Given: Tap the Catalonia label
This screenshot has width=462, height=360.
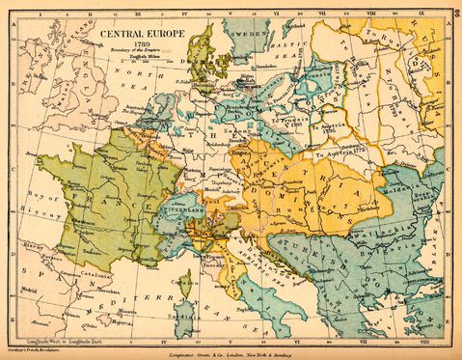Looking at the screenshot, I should click(95, 274).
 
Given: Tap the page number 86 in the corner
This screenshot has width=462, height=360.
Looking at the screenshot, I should click(454, 10).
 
